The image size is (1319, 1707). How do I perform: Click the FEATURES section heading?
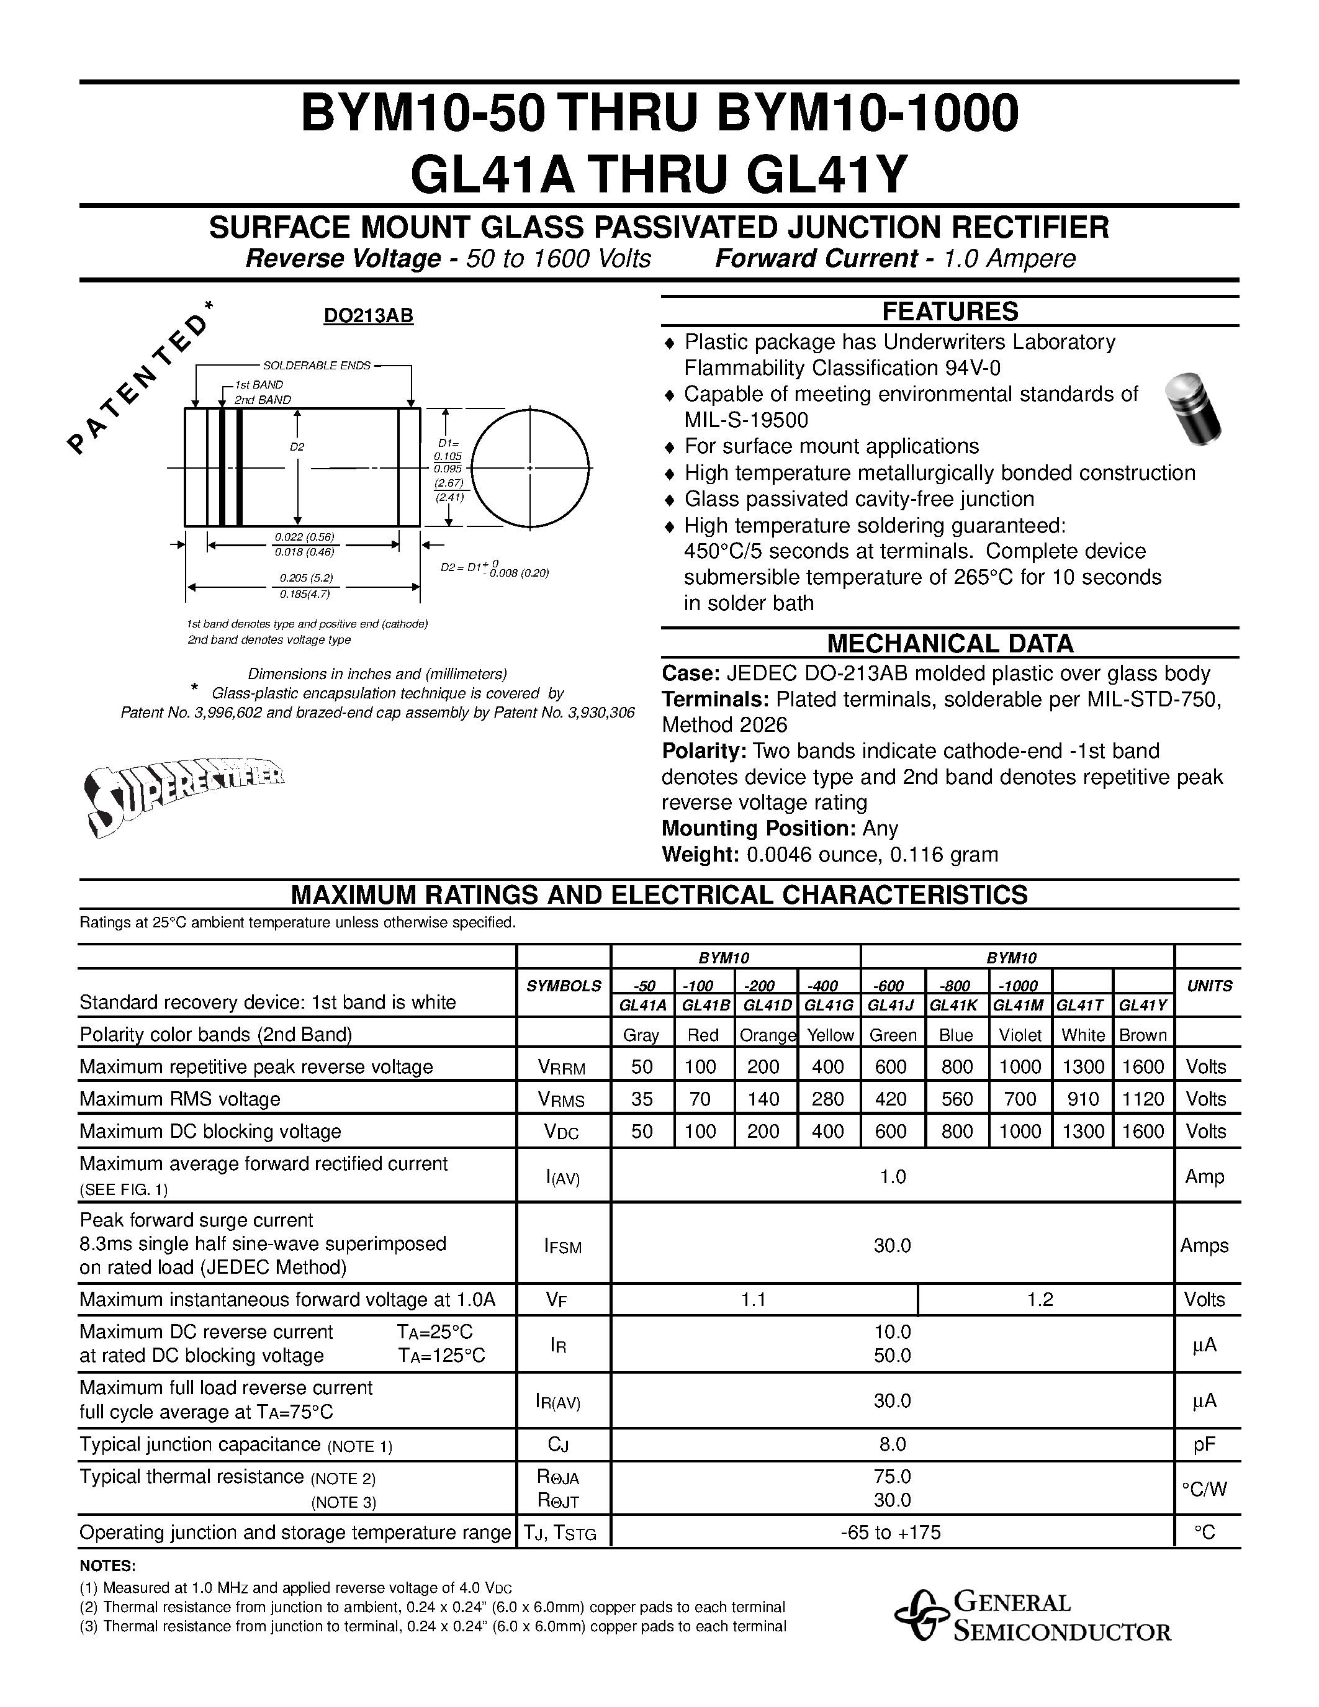click(x=950, y=311)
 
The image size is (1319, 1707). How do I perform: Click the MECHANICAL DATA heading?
click(x=950, y=643)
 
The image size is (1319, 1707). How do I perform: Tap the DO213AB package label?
click(x=368, y=316)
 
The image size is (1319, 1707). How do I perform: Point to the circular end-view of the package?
click(x=530, y=467)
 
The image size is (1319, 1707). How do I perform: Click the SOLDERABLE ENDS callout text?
click(x=317, y=366)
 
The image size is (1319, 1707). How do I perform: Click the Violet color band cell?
click(x=1020, y=1035)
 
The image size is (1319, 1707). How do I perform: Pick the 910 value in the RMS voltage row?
click(x=1083, y=1099)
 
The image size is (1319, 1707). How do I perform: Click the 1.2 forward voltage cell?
click(x=1040, y=1299)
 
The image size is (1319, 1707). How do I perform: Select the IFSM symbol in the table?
click(x=562, y=1246)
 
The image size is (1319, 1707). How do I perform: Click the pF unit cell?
click(x=1205, y=1444)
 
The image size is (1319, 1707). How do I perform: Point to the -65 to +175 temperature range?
click(x=891, y=1532)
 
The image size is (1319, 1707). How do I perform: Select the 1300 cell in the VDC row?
click(x=1083, y=1131)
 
